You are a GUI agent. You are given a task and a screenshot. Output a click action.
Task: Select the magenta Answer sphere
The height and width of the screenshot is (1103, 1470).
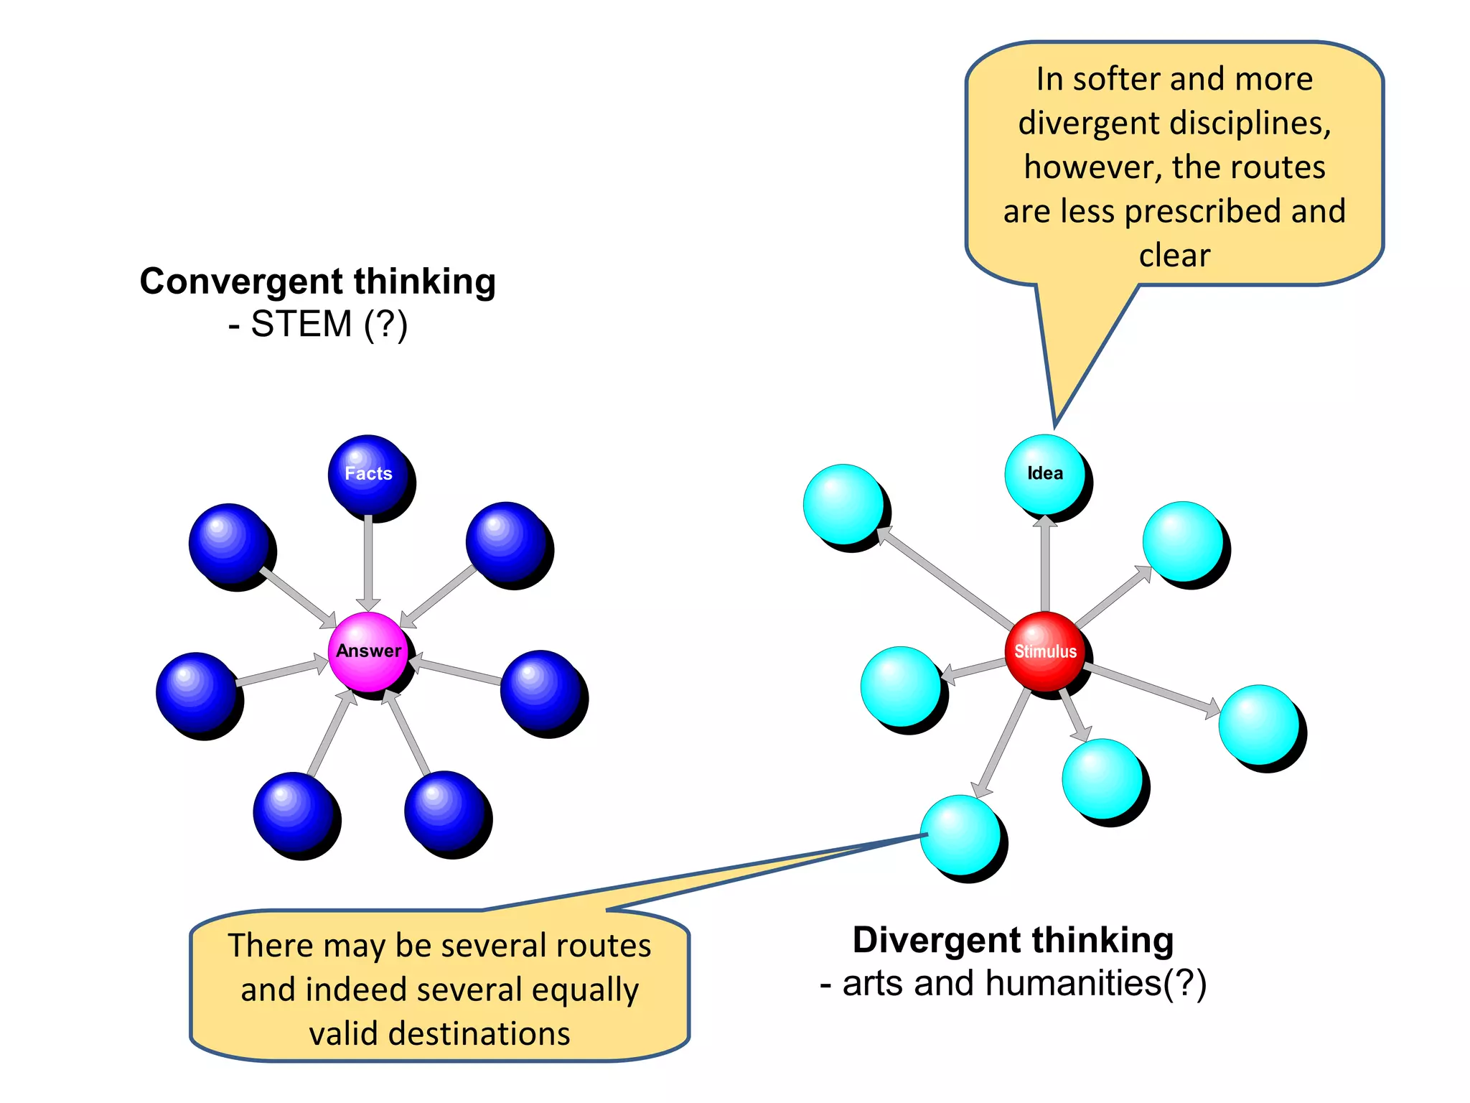tap(368, 651)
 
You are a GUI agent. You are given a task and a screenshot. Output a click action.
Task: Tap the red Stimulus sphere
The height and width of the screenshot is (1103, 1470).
tap(1045, 651)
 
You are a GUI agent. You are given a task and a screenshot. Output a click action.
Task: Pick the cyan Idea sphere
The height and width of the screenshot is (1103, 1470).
tap(1045, 474)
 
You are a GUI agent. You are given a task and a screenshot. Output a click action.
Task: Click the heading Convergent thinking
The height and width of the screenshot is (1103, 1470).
tap(317, 281)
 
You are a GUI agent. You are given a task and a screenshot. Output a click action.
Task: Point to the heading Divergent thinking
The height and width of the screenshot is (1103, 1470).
tap(1013, 940)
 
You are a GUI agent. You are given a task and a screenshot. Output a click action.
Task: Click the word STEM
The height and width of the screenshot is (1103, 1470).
tap(301, 324)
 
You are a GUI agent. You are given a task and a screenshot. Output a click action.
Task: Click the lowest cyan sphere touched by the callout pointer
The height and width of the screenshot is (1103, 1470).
tap(960, 835)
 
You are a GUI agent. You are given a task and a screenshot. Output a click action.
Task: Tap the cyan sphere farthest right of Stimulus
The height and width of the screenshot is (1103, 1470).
tap(1259, 725)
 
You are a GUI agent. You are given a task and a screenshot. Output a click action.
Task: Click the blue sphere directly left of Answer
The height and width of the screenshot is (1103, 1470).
tap(196, 692)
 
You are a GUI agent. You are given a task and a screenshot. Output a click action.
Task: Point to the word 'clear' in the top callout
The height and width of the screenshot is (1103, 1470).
tap(1174, 256)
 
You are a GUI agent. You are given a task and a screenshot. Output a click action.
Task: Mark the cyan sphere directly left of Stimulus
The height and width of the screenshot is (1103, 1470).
tap(901, 687)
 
